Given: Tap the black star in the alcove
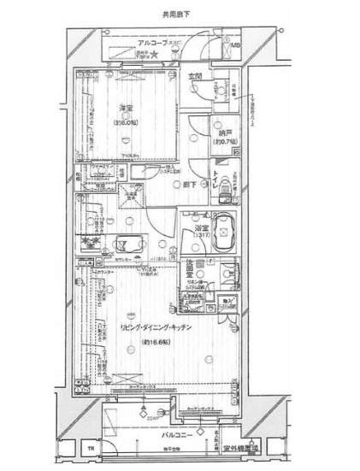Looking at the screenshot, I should [157, 56].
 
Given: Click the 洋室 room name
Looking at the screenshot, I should [127, 109].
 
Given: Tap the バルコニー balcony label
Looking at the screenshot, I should [175, 434].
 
